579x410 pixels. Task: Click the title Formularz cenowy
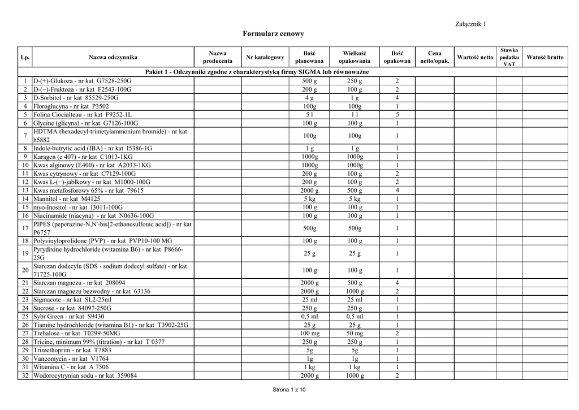coord(273,34)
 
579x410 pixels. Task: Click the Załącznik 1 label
coord(470,23)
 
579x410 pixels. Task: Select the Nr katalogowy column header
coord(265,57)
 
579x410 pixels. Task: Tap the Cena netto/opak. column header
coord(435,57)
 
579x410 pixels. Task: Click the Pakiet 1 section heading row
coord(257,72)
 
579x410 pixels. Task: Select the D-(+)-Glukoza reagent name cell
coord(82,81)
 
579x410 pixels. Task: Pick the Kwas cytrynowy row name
coord(85,174)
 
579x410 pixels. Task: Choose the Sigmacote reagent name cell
coord(72,300)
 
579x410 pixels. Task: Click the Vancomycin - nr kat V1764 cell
coord(70,359)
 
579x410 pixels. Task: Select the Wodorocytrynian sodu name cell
coord(85,376)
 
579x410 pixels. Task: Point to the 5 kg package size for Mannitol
coord(355,199)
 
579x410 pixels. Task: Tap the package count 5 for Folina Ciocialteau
coord(397,114)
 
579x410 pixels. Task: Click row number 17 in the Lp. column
coord(25,228)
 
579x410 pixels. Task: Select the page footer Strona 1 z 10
coord(289,390)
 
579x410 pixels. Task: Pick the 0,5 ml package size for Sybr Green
coord(355,317)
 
